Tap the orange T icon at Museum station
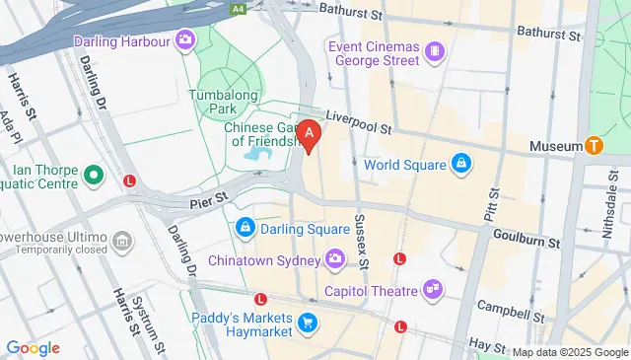click(x=594, y=146)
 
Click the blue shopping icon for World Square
click(x=460, y=163)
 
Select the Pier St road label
click(x=208, y=202)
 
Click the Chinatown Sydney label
click(x=264, y=260)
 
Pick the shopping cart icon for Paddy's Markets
click(x=308, y=322)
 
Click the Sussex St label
click(x=360, y=242)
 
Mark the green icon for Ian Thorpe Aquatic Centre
click(x=94, y=177)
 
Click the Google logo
click(x=33, y=348)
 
